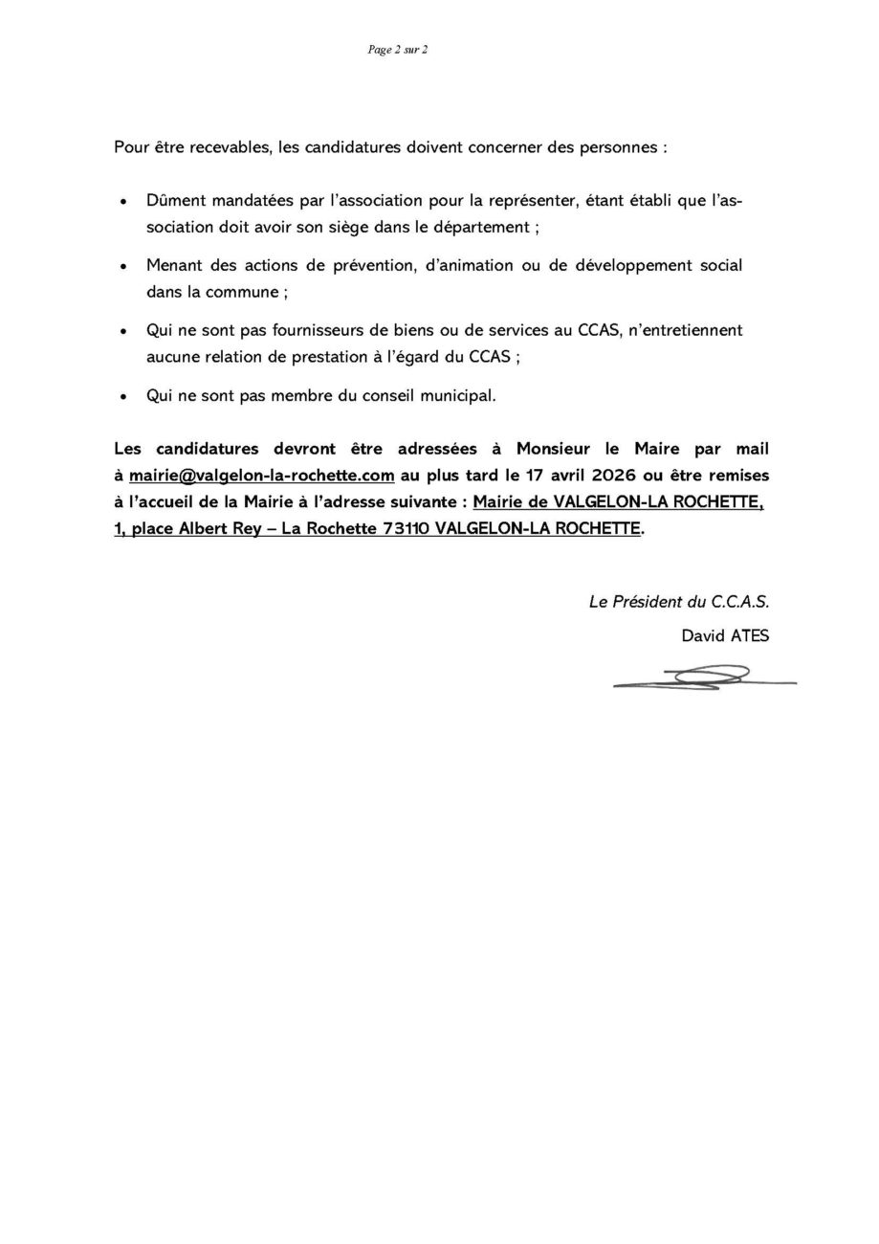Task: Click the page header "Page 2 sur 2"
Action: tap(397, 50)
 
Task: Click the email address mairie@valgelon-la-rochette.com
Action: tap(261, 476)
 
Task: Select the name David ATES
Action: tap(724, 635)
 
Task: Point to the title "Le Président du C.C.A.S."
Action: tap(678, 602)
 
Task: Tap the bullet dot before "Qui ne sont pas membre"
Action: tap(122, 396)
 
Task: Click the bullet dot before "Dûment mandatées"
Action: tap(122, 202)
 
